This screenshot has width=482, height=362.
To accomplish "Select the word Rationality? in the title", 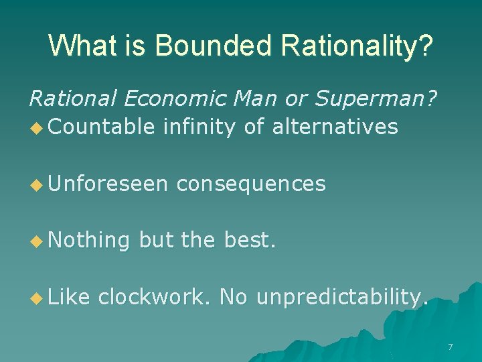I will pyautogui.click(x=357, y=46).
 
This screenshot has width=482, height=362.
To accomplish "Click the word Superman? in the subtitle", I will pyautogui.click(x=378, y=99).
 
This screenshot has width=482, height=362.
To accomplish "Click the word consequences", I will pyautogui.click(x=251, y=183).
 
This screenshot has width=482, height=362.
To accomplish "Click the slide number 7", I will pyautogui.click(x=450, y=347).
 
